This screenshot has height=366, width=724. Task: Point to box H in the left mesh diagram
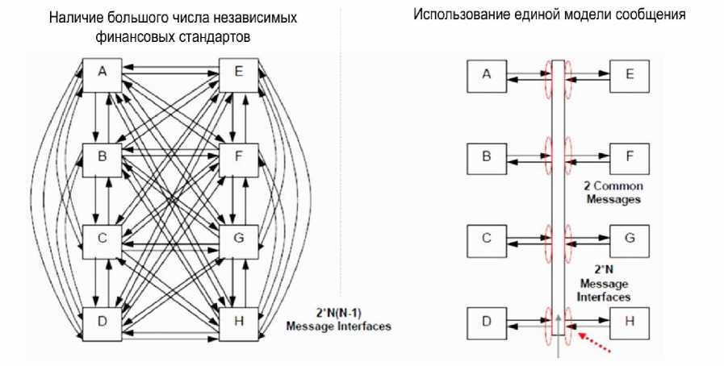point(238,321)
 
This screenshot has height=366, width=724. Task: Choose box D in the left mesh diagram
point(102,321)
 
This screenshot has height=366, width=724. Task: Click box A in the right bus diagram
point(486,75)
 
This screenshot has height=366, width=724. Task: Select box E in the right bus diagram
point(630,75)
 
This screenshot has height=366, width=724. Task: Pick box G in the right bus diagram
point(630,239)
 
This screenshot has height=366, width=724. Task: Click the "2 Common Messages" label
point(611,192)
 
